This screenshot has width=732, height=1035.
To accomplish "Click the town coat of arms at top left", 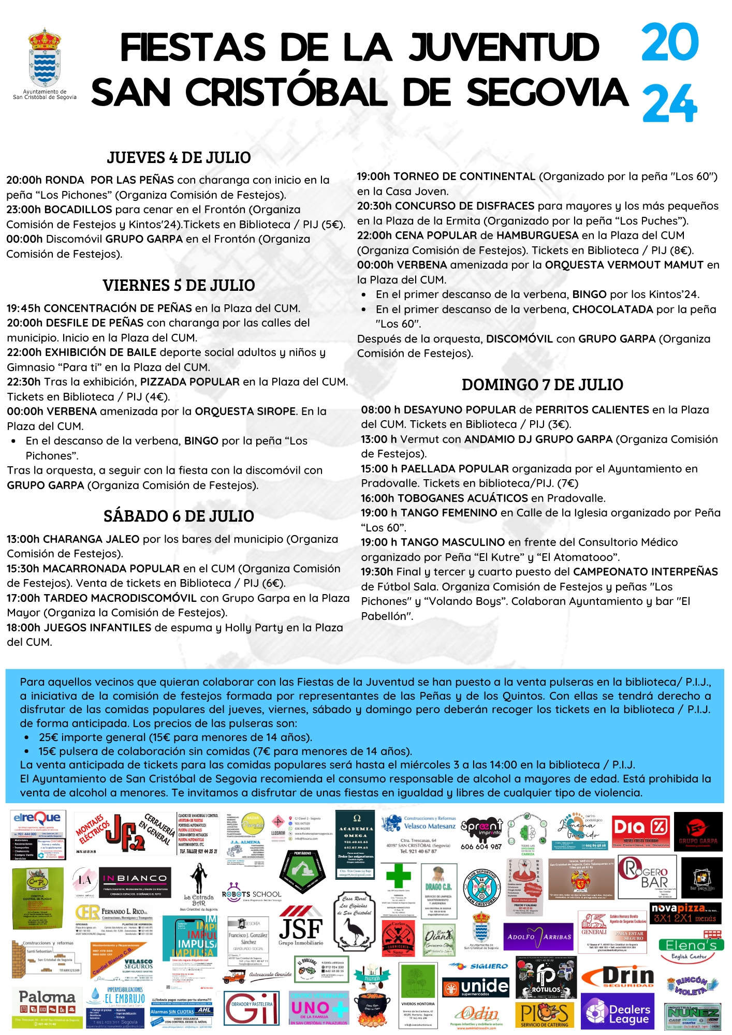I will coord(44,58).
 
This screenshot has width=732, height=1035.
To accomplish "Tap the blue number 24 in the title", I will coord(669,103).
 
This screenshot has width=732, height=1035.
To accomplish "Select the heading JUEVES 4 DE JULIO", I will coord(179,157).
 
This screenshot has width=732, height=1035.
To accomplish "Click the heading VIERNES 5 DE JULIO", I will coord(179,285).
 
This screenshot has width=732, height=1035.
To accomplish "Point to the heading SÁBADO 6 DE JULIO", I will coord(179,516).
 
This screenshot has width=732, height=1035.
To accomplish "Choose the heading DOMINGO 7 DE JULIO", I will coord(542,385).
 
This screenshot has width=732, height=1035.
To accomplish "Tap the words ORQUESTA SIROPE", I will coord(245,411).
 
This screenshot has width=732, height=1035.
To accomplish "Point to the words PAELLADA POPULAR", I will coord(455,469).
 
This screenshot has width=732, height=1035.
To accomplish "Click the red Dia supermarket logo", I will coord(640,827).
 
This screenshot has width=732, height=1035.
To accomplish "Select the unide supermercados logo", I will coord(476,987).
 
